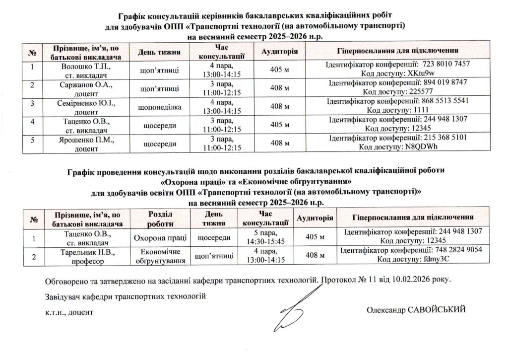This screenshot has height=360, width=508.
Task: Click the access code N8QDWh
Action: tap(423, 147)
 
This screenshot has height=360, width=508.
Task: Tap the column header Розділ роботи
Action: tap(160, 218)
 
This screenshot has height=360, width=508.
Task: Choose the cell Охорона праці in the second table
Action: tap(160, 237)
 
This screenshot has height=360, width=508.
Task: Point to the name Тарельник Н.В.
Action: tap(86, 252)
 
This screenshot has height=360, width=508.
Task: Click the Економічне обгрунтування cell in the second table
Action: tap(160, 256)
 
